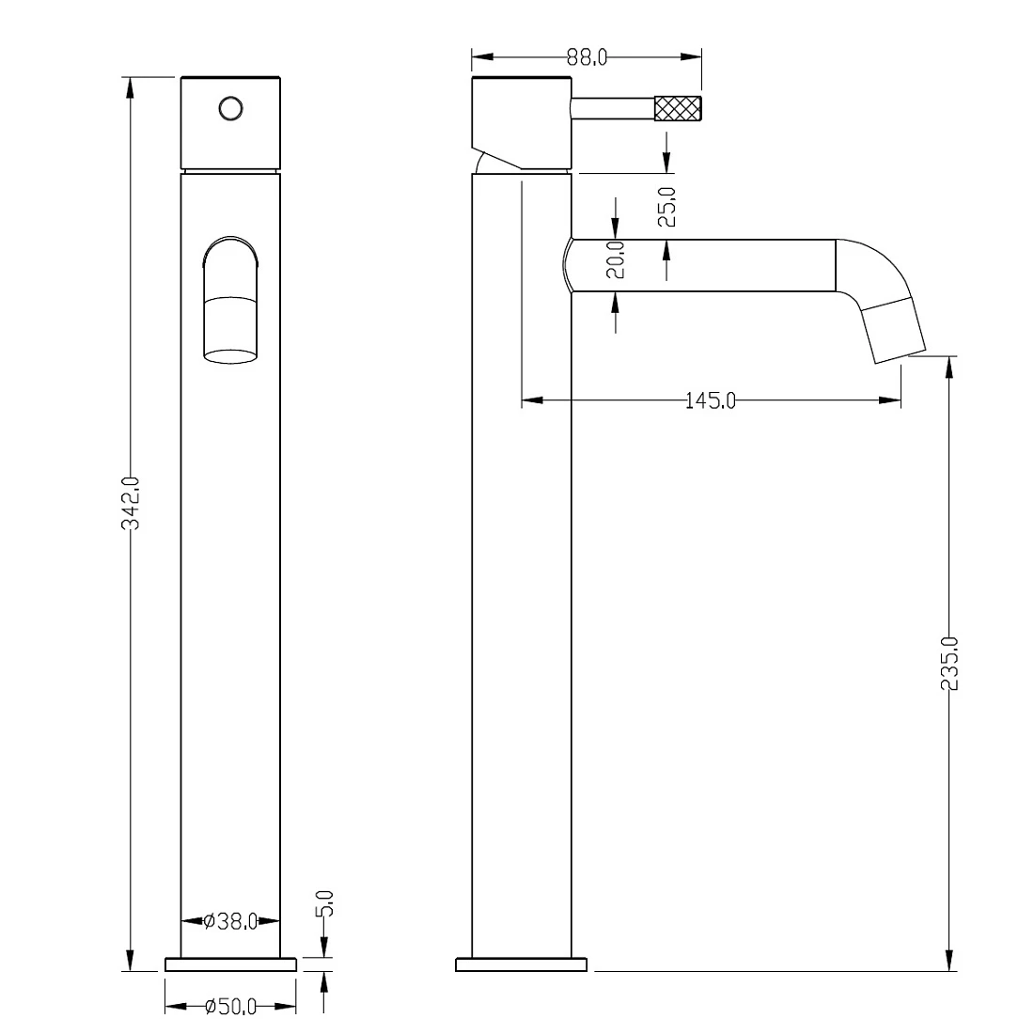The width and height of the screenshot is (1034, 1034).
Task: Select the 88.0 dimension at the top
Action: click(587, 57)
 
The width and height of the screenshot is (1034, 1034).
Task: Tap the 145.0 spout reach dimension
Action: click(711, 400)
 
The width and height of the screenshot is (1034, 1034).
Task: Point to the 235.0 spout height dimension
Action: click(949, 664)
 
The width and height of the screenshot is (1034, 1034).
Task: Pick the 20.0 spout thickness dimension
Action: click(616, 259)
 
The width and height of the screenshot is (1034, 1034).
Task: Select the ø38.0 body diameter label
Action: click(230, 921)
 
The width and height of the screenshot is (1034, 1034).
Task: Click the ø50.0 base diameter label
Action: click(230, 1007)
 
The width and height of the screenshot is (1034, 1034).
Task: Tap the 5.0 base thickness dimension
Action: click(325, 903)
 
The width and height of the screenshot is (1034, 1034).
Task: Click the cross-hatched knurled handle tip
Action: click(678, 108)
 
